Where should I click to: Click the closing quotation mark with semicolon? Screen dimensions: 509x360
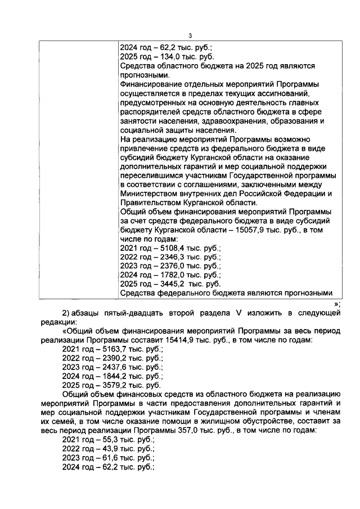pos(337,304)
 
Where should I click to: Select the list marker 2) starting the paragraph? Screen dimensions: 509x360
pos(65,313)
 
